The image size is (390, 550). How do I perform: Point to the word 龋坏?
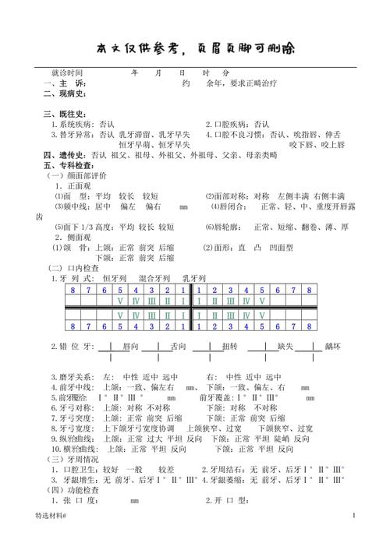(x=334, y=345)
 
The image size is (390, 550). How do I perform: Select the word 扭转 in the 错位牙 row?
(x=230, y=345)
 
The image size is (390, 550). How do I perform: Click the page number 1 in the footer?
(x=353, y=536)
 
